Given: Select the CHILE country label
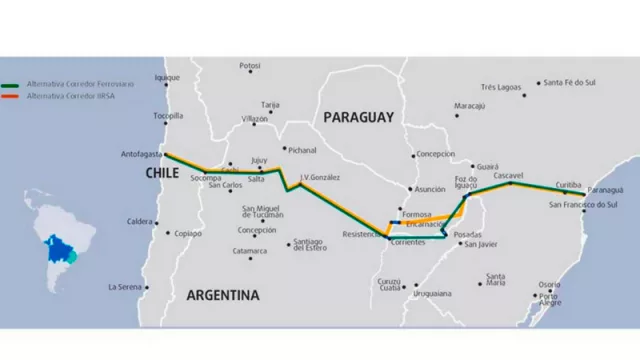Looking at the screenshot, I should pyautogui.click(x=164, y=173).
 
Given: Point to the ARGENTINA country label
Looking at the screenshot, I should pyautogui.click(x=222, y=295).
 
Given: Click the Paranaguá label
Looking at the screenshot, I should pyautogui.click(x=604, y=189).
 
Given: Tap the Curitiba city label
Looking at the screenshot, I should pyautogui.click(x=568, y=185).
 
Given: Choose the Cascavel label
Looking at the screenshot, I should pyautogui.click(x=509, y=174).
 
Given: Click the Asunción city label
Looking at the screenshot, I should pyautogui.click(x=430, y=188).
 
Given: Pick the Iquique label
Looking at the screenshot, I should pyautogui.click(x=167, y=77).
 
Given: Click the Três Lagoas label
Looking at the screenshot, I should pyautogui.click(x=502, y=87).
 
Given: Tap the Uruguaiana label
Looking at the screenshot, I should pyautogui.click(x=431, y=293).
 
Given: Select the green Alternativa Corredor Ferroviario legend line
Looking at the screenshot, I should pyautogui.click(x=13, y=86).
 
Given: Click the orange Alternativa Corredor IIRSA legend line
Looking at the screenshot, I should pyautogui.click(x=13, y=95).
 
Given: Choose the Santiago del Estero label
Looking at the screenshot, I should pyautogui.click(x=311, y=245).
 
